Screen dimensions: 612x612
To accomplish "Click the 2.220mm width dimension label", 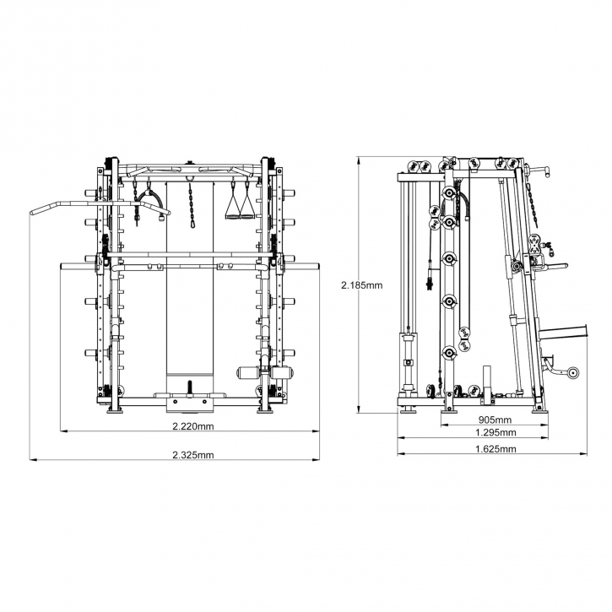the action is point(193,426).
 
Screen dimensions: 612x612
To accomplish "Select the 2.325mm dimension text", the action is point(193,455).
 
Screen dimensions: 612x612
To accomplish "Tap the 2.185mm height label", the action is point(362,285).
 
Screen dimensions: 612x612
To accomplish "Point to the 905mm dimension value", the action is point(495,420).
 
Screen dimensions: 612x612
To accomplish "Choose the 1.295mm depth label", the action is point(496,432).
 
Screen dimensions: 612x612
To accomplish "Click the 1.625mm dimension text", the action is point(496,449).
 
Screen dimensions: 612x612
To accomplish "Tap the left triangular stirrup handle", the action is point(233,206).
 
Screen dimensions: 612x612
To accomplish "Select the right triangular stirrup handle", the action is point(246,206).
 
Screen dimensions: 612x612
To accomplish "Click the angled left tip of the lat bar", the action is point(32,213).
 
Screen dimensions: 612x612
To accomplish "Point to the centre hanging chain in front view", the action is point(192,204).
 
